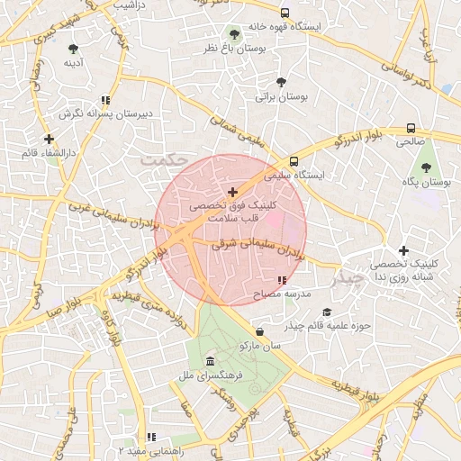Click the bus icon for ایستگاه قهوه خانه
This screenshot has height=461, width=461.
coord(285,14)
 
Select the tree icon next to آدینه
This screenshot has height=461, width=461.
coord(73,49)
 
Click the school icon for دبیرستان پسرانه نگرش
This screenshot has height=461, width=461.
coord(105,101)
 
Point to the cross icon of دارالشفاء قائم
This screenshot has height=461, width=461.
coord(49,140)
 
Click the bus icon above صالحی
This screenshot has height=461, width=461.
coord(411,128)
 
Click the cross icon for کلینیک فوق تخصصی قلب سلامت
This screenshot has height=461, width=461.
coord(233,192)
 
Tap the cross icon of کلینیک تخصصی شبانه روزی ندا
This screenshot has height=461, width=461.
coord(403,250)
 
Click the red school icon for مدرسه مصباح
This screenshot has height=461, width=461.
coord(283,281)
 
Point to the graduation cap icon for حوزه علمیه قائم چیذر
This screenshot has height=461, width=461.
coord(326,312)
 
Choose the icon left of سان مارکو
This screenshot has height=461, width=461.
coord(259,332)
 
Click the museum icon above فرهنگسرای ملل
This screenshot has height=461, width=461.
coord(210,360)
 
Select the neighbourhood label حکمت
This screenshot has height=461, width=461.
coord(163,157)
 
